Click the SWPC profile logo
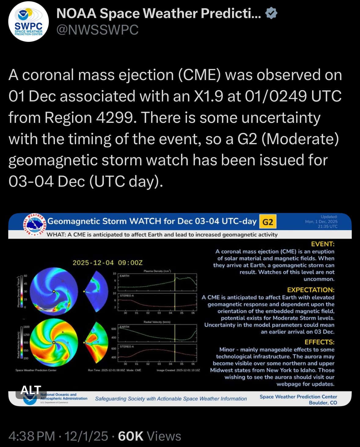coord(28,22)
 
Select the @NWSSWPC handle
coord(97,30)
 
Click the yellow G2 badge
coord(267,222)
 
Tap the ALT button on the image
coord(31,390)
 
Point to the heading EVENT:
coord(322,244)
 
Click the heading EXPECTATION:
coord(311,290)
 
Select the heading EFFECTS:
coord(319,342)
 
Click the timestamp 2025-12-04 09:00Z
coord(107,263)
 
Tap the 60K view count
coord(130,436)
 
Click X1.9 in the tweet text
coord(209,96)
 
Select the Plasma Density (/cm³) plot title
coord(157,271)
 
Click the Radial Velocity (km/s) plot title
coord(157,322)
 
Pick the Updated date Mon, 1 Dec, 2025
coord(321,222)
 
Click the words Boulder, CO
coord(323,403)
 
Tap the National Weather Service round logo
coord(34,225)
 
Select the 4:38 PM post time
coord(32,436)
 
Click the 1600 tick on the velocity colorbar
coord(27,327)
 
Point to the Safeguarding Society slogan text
coord(171,399)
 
